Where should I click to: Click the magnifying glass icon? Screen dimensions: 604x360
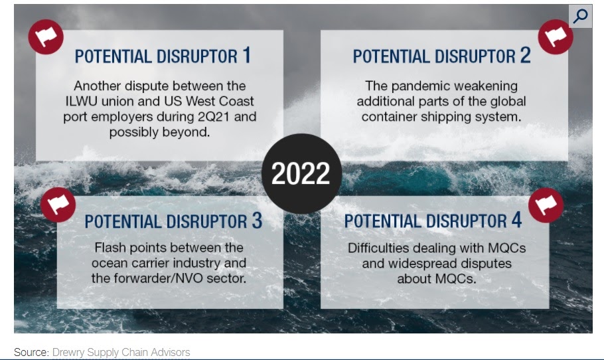tap(580, 16)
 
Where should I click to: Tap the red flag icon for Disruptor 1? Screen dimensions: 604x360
tap(46, 37)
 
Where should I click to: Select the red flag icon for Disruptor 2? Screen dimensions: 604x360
tap(556, 37)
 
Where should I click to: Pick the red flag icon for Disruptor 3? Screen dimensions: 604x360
tap(58, 205)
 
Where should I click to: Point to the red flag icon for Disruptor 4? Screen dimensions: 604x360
tap(546, 205)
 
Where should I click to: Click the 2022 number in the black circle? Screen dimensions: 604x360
tap(301, 173)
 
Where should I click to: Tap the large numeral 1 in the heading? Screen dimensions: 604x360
tap(246, 55)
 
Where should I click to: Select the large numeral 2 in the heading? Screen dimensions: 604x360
tap(526, 55)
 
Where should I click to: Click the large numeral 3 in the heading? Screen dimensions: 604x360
tap(258, 221)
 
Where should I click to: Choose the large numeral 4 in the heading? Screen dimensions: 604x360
tap(516, 220)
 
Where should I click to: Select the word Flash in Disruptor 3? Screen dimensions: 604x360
tap(111, 248)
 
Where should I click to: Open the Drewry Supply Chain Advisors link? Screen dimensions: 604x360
tap(121, 352)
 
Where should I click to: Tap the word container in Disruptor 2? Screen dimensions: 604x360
tap(389, 117)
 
